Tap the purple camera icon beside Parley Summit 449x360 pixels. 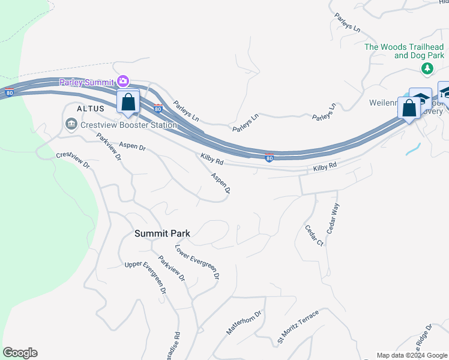pos(123,81)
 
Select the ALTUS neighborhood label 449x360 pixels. pos(91,109)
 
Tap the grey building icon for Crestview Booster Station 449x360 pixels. pos(71,124)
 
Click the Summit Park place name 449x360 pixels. pos(162,233)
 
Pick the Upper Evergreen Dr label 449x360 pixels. pos(145,277)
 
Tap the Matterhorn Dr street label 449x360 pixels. pos(245,323)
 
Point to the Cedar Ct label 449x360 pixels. pos(314,236)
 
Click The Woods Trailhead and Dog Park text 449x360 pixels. pos(404,51)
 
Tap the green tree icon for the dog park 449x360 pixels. pos(427,69)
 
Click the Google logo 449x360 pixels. pos(20,353)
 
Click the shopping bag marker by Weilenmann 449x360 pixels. pos(409,109)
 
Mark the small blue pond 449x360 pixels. pos(413,149)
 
